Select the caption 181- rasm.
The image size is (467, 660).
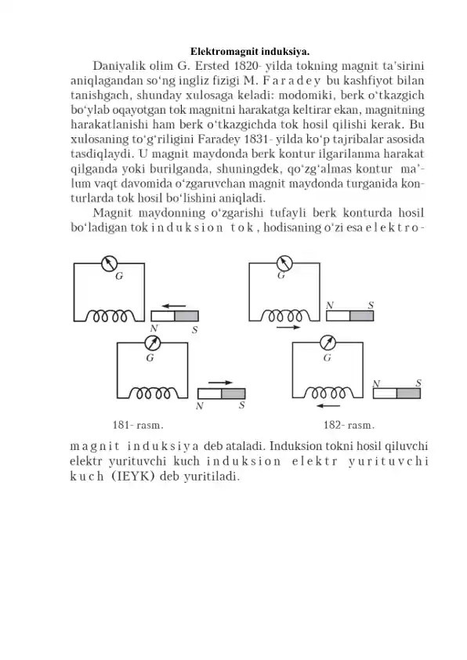point(138,426)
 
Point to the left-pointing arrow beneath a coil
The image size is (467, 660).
point(327,406)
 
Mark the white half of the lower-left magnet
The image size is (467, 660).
point(210,393)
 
